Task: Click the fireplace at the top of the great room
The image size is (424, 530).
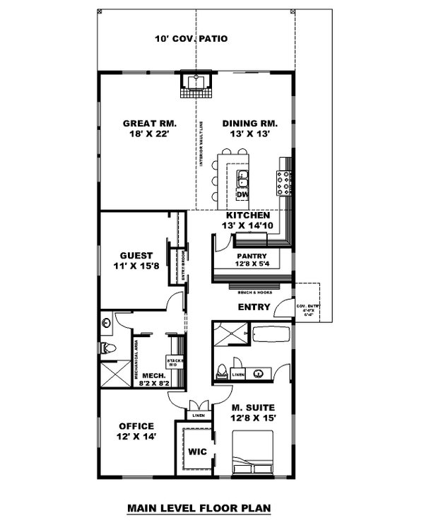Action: pos(196,86)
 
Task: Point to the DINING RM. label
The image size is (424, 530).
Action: pos(245,122)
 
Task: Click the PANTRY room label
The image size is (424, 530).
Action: pos(251,256)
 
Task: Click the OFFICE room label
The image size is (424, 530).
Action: pos(136,425)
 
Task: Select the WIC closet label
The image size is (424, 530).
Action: pos(197,453)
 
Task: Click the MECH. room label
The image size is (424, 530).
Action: pos(153,375)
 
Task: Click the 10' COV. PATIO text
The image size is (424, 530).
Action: pos(192,38)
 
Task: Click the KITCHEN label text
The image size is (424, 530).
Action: pos(247,215)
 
